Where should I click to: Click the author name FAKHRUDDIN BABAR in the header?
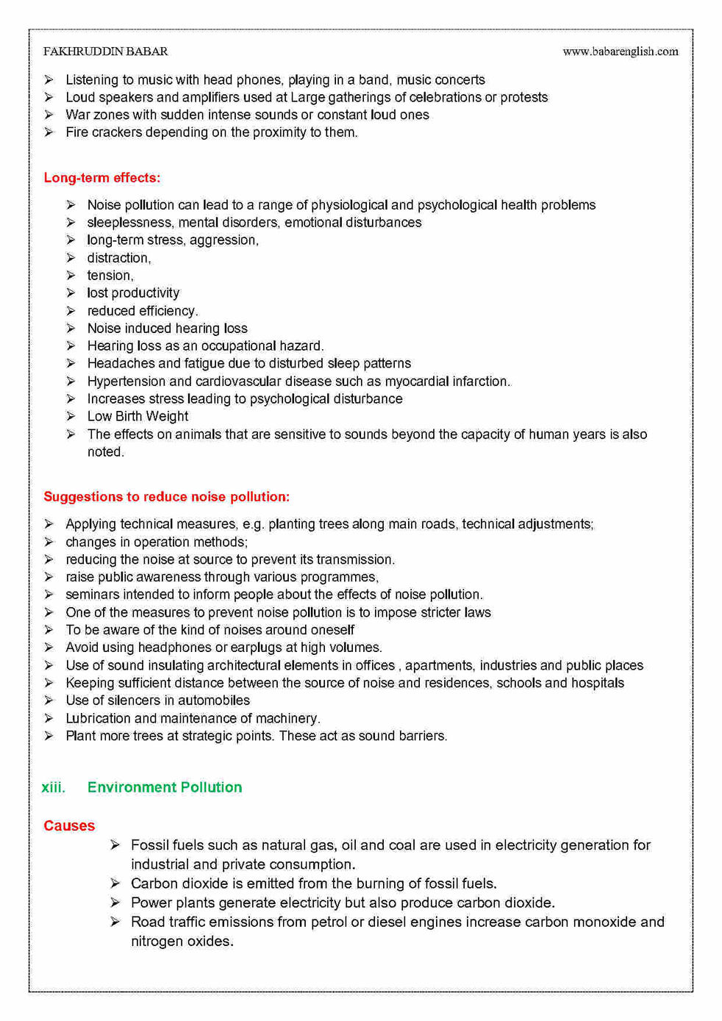[105, 51]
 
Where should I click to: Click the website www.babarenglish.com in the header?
[620, 51]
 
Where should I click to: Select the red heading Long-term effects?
[101, 178]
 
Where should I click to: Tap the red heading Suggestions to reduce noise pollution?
[166, 497]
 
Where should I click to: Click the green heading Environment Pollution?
[165, 787]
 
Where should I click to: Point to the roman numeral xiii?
[53, 787]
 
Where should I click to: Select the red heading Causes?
[69, 825]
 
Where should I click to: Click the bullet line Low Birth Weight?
[137, 416]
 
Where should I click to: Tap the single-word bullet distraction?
[119, 258]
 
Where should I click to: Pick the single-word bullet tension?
[110, 276]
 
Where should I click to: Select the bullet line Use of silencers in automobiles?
[157, 701]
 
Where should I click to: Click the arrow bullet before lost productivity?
[71, 293]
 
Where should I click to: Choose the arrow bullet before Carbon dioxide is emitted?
[115, 883]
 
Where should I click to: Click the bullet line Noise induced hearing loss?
[167, 329]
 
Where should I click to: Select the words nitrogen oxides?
[182, 941]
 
